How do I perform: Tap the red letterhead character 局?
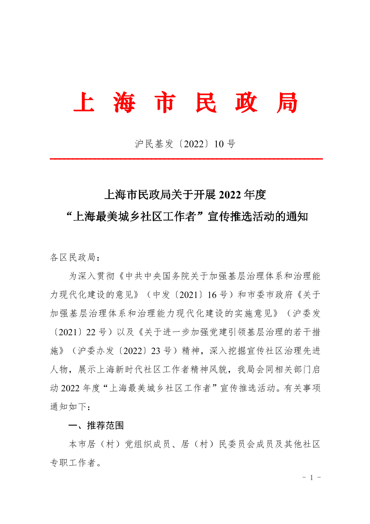click(287, 104)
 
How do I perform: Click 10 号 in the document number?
click(224, 144)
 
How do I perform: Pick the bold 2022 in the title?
click(230, 195)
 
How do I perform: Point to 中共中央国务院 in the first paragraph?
click(156, 277)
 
